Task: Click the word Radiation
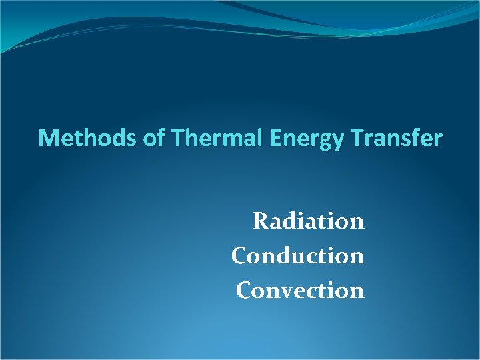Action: [x=308, y=221]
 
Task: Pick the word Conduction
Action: [x=297, y=255]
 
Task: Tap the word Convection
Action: [x=299, y=291]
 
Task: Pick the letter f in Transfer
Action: [x=415, y=138]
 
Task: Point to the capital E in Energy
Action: [x=279, y=138]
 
